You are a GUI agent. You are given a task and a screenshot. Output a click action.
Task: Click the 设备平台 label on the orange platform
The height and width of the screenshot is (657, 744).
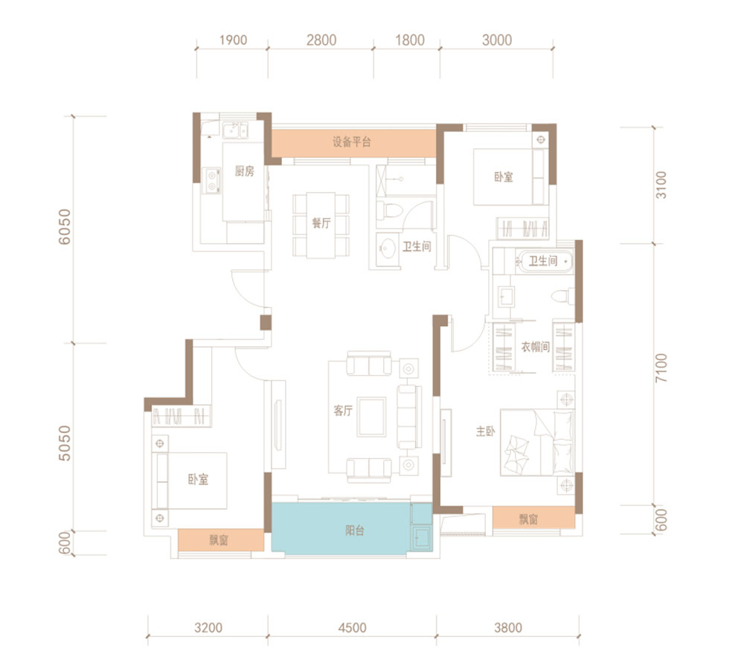pyautogui.click(x=352, y=141)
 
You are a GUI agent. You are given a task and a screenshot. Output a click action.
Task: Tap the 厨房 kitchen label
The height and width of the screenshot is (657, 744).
pyautogui.click(x=244, y=171)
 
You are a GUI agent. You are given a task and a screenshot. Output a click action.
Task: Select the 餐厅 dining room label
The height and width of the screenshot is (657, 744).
pyautogui.click(x=321, y=222)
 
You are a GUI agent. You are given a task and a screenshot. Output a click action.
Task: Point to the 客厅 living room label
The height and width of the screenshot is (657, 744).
pyautogui.click(x=343, y=410)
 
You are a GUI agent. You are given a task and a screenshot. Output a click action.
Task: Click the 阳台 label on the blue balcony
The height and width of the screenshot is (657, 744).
pyautogui.click(x=354, y=531)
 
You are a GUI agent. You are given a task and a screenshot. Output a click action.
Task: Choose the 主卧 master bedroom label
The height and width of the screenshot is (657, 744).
pyautogui.click(x=485, y=432)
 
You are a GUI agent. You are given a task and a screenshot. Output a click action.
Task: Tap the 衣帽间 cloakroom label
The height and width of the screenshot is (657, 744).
pyautogui.click(x=535, y=347)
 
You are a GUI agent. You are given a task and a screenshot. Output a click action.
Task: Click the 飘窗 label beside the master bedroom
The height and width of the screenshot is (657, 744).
pyautogui.click(x=528, y=519)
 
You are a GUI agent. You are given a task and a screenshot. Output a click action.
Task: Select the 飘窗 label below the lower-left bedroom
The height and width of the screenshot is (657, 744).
pyautogui.click(x=219, y=540)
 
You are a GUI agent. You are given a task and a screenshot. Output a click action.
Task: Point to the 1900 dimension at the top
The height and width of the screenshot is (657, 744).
pyautogui.click(x=233, y=40)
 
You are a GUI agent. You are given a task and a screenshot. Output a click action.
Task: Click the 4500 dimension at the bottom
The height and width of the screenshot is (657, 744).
pyautogui.click(x=352, y=627)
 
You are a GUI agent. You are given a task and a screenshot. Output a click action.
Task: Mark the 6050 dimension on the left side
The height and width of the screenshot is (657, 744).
pyautogui.click(x=64, y=227)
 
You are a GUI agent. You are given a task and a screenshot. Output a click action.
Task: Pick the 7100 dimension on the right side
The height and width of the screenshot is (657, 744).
pyautogui.click(x=661, y=368)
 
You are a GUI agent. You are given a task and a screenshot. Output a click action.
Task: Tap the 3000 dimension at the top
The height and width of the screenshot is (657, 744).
pyautogui.click(x=497, y=40)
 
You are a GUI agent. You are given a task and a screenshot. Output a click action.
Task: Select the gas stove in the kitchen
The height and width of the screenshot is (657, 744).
pyautogui.click(x=211, y=181)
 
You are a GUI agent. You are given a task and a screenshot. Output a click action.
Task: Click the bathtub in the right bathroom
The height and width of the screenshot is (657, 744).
pyautogui.click(x=544, y=261)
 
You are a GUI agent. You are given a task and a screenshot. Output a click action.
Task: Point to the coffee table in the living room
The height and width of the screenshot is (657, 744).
pyautogui.click(x=371, y=417)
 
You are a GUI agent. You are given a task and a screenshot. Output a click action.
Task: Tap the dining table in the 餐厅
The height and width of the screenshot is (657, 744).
pyautogui.click(x=321, y=225)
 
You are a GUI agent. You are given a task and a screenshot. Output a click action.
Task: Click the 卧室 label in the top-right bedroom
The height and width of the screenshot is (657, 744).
pyautogui.click(x=504, y=177)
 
